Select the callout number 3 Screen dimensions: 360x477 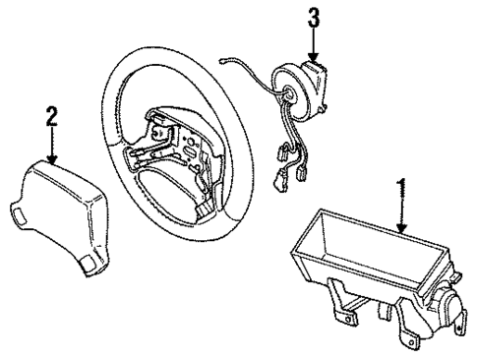point(314,17)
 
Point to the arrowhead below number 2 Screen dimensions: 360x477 point(51,160)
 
